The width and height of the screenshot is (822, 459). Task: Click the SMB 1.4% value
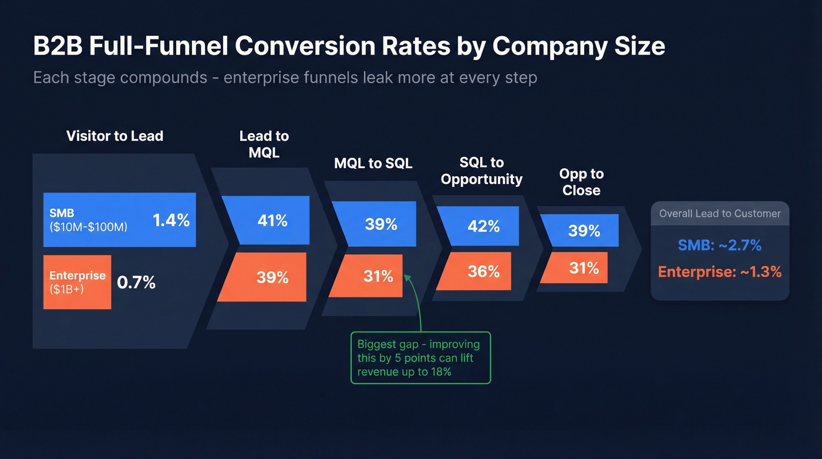point(171,220)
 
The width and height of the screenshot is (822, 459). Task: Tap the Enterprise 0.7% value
point(136,283)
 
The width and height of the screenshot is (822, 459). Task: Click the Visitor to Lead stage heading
point(114,136)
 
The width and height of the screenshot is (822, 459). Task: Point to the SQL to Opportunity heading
point(481,170)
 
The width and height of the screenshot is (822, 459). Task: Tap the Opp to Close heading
point(581,182)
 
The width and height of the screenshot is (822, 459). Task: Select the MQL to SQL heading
point(373,163)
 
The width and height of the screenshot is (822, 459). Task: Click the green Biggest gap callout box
point(420,358)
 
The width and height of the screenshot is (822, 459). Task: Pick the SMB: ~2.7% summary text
point(719,245)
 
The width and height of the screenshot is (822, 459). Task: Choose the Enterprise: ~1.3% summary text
point(719,272)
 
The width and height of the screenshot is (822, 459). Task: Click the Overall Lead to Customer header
point(720,214)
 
